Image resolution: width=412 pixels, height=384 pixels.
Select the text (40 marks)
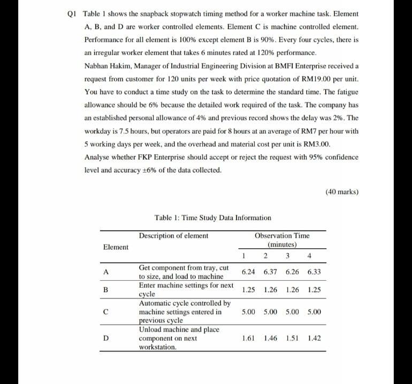pyautogui.click(x=342, y=191)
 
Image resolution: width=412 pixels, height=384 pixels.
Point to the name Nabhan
pyautogui.click(x=97, y=66)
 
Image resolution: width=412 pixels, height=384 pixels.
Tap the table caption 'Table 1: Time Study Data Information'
pyautogui.click(x=212, y=218)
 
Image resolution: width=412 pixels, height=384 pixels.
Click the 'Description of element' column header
pyautogui.click(x=173, y=236)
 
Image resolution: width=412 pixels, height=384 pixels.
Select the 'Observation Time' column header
pyautogui.click(x=282, y=236)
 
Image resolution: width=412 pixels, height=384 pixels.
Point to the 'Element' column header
pyautogui.click(x=116, y=247)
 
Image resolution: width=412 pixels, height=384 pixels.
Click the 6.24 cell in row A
pyautogui.click(x=248, y=272)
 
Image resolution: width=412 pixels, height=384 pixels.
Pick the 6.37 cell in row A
pyautogui.click(x=270, y=272)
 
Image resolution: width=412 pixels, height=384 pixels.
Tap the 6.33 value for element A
pyautogui.click(x=315, y=272)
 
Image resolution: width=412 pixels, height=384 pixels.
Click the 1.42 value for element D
pyautogui.click(x=315, y=338)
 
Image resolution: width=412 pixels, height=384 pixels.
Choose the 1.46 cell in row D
pyautogui.click(x=270, y=338)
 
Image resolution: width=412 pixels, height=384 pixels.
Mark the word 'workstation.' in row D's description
pyautogui.click(x=158, y=347)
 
